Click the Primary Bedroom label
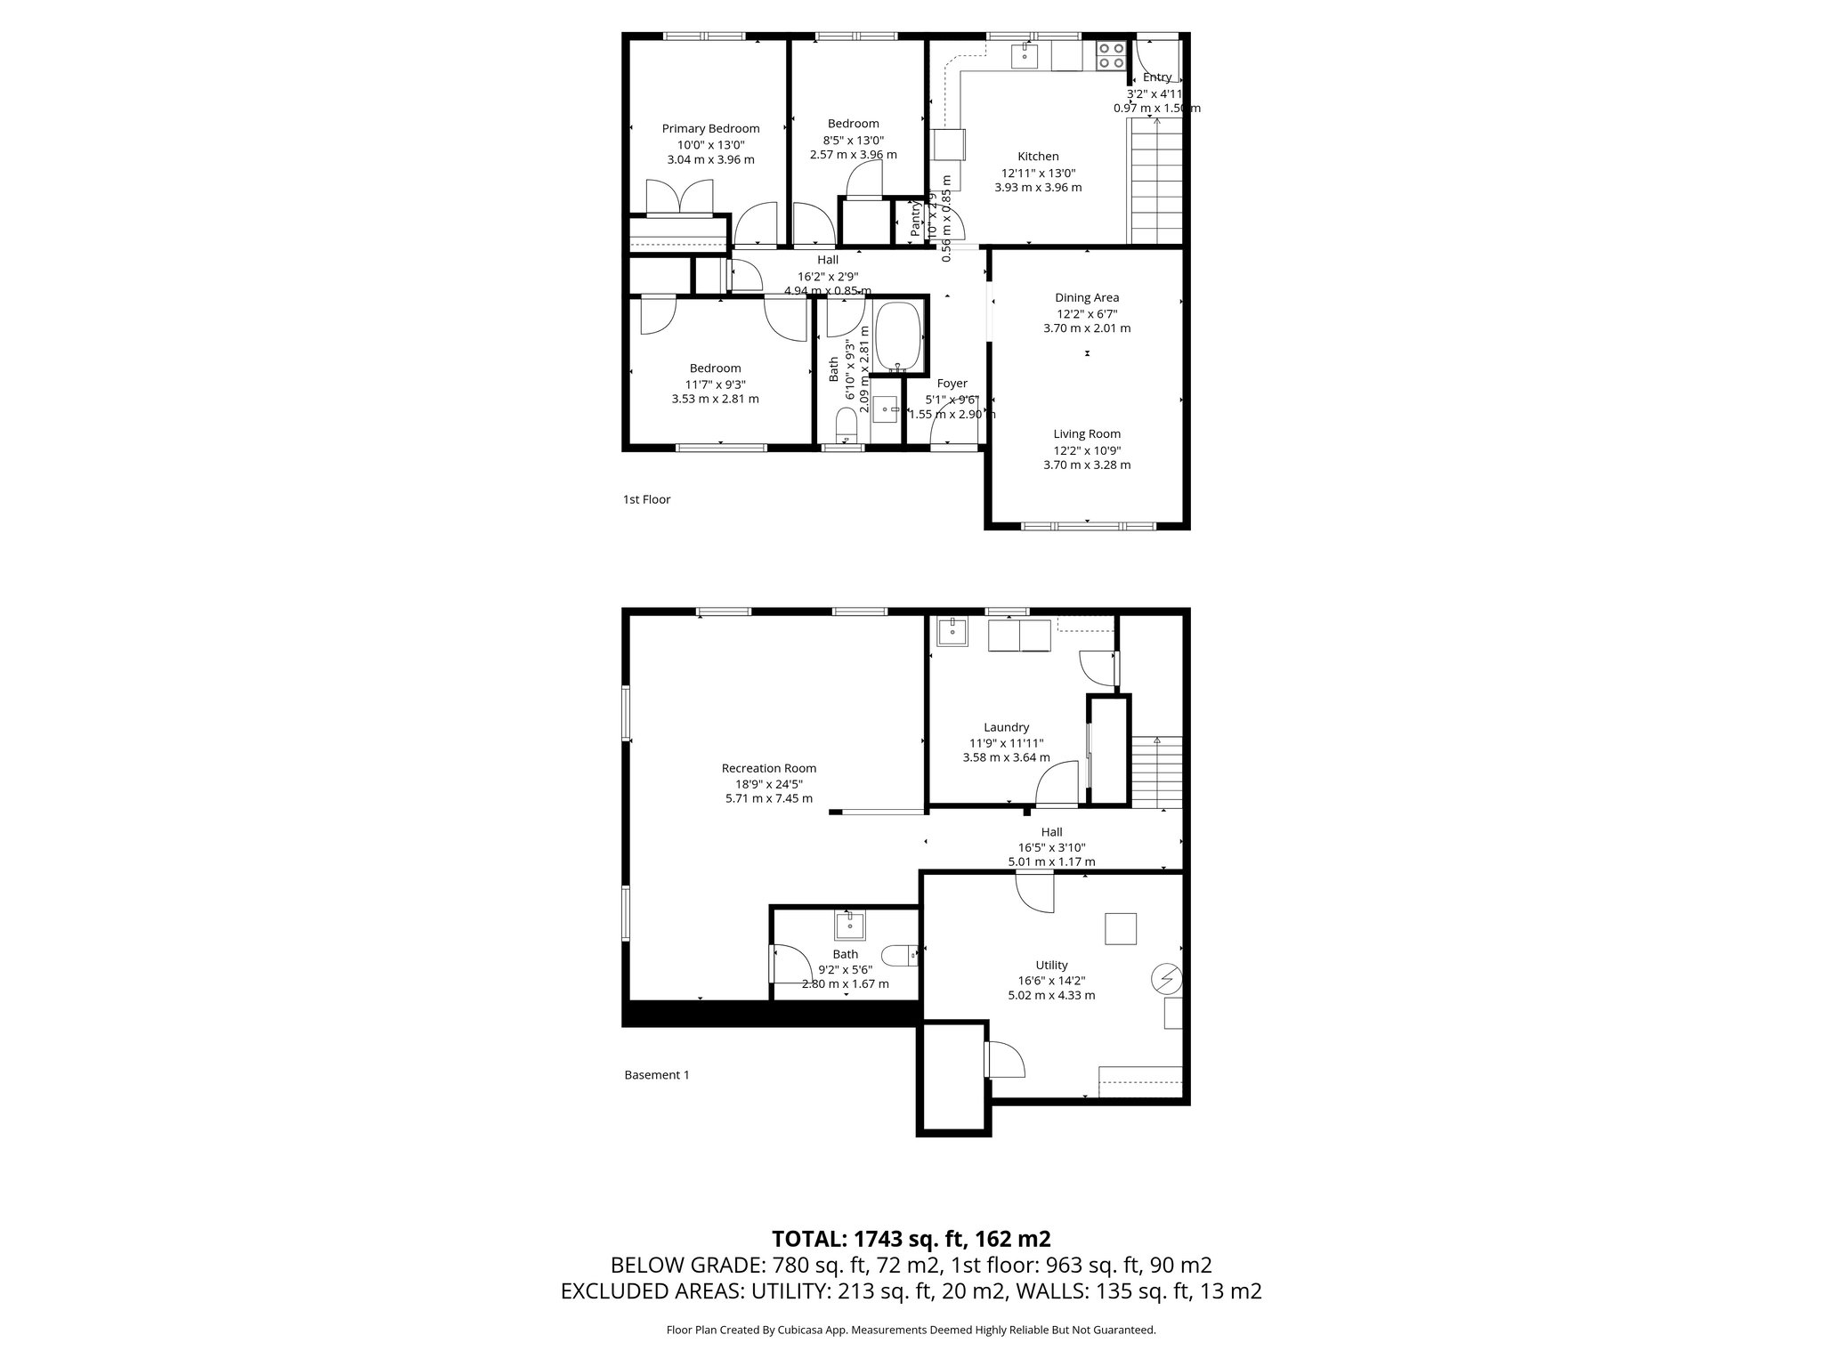pos(710,128)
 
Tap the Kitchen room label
pos(1038,157)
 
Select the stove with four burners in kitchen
pos(1110,55)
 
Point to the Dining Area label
pos(1087,297)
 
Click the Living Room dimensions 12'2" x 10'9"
pos(1087,449)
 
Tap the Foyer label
pos(952,384)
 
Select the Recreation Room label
pos(768,768)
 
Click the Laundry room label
pos(1006,727)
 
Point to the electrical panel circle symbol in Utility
pos(1165,979)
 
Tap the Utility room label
pos(1051,965)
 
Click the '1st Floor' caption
pos(646,499)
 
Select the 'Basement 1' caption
pos(657,1074)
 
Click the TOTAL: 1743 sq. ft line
pos(911,1239)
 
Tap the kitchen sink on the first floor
pos(1025,56)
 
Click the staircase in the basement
pos(1156,772)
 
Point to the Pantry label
pos(915,219)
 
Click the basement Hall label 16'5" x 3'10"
pos(1051,847)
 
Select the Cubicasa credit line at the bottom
pos(911,1330)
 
